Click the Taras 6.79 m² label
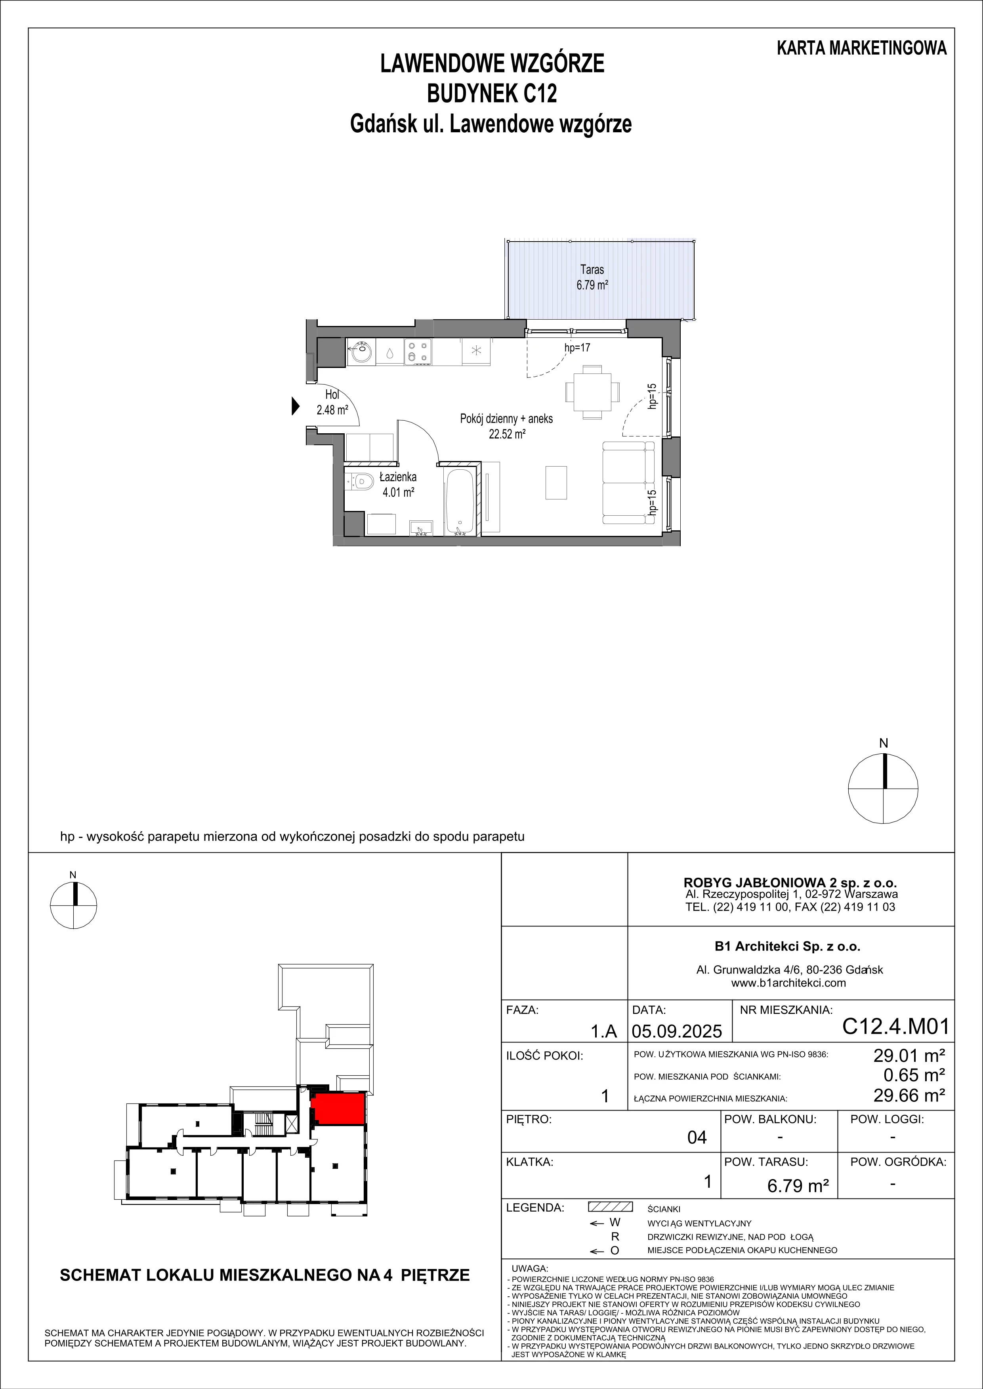point(592,277)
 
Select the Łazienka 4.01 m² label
point(398,484)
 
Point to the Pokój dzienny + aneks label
point(507,418)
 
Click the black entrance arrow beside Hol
point(296,406)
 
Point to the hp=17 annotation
point(577,348)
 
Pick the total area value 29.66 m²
point(909,1095)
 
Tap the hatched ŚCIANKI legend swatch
point(610,1207)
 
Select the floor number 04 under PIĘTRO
point(697,1138)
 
